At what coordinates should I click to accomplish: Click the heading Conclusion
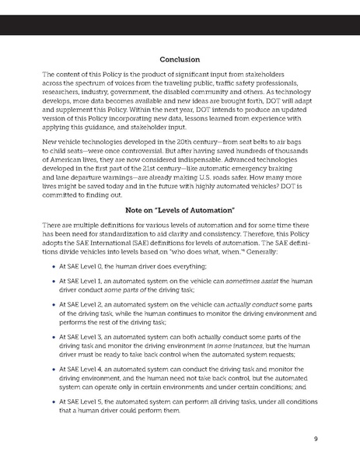[180, 60]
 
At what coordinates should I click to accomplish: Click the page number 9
[316, 438]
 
